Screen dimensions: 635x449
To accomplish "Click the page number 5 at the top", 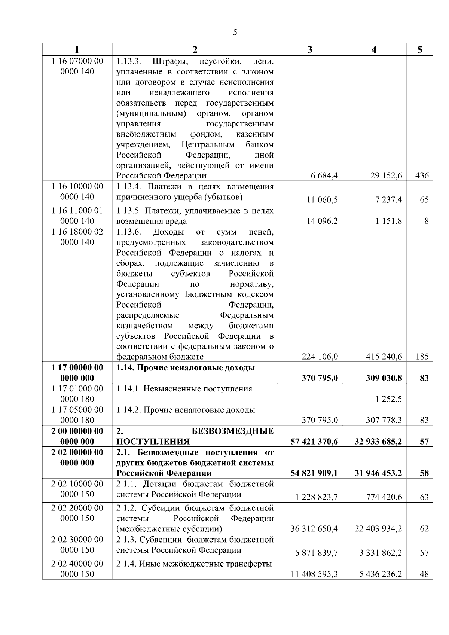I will (235, 33).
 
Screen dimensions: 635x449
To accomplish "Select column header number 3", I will (309, 50).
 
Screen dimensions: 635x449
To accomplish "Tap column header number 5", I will (419, 50).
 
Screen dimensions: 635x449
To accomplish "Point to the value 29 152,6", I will (386, 176).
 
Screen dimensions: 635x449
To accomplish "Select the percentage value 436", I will (422, 176).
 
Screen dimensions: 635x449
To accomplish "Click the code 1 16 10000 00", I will (77, 186).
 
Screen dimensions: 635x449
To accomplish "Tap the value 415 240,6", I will (384, 357).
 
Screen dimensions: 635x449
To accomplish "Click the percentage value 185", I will (422, 357).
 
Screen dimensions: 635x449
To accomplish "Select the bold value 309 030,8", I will (384, 378).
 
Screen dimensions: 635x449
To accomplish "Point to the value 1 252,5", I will (389, 399).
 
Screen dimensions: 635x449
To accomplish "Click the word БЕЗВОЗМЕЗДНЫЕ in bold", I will (232, 431).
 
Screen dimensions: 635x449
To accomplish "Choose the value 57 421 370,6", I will (314, 442).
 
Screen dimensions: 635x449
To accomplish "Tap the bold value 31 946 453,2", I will (378, 473).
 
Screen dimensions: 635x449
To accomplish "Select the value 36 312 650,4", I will (314, 529).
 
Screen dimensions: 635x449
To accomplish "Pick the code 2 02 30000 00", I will (77, 539).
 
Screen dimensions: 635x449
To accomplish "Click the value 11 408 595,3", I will (314, 574).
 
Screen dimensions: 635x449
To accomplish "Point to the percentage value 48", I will (424, 574).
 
